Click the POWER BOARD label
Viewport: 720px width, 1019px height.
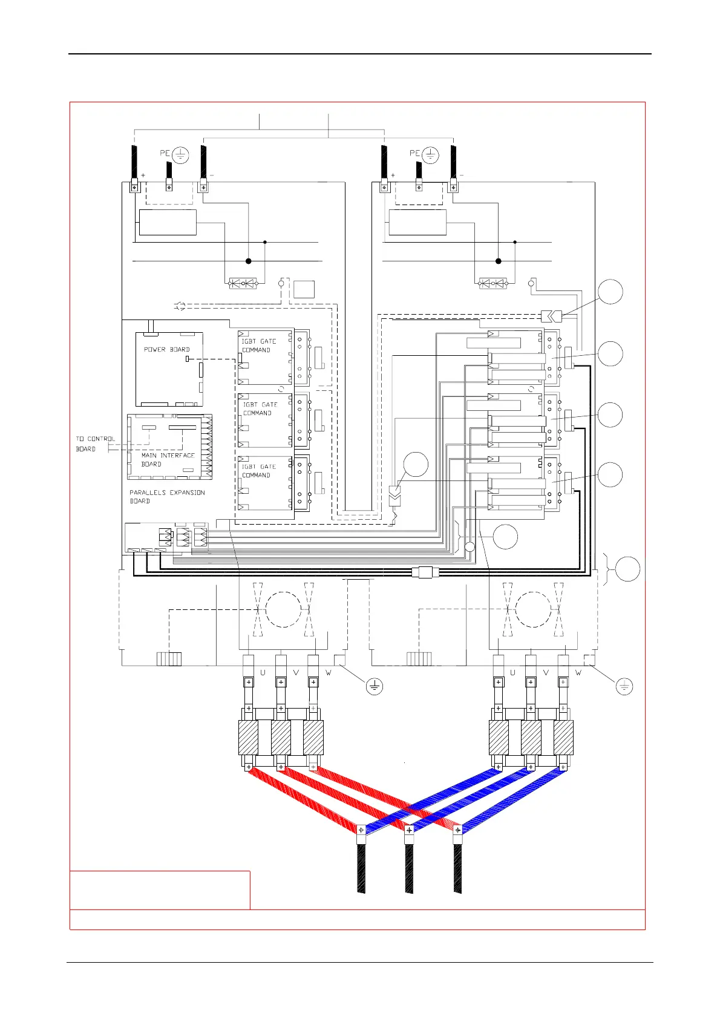pos(166,350)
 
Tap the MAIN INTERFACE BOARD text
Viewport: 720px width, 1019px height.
pos(168,460)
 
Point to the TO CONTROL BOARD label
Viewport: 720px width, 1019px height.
pos(95,444)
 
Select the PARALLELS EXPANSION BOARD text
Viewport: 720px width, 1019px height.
pos(167,497)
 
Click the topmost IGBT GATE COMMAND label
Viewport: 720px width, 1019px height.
pos(259,346)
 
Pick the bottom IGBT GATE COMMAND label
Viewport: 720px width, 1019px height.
pos(259,471)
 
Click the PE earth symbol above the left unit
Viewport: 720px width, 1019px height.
pos(180,155)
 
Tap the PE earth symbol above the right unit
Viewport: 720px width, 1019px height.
pos(430,155)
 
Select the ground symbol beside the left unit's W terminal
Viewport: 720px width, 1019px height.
pos(375,686)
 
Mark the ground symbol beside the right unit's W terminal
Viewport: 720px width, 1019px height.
pos(624,686)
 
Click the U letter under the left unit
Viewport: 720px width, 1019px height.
pos(263,673)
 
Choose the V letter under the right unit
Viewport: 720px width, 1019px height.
pos(546,673)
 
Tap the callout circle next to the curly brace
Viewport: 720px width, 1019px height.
pos(627,569)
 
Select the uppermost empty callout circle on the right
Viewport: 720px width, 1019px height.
pos(610,292)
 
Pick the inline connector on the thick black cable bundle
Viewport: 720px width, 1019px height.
pos(425,572)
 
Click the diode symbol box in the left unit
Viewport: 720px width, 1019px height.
pos(243,283)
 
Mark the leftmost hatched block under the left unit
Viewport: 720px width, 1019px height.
pos(249,738)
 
